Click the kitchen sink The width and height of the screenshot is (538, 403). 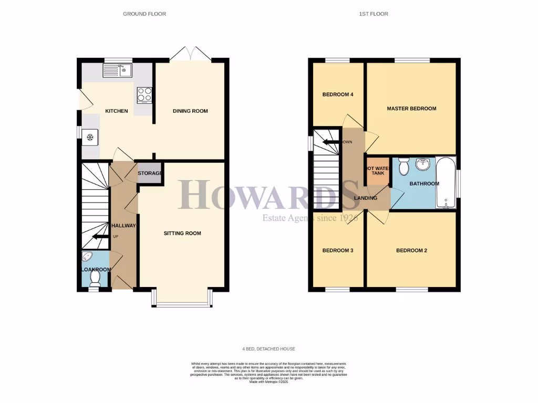118,70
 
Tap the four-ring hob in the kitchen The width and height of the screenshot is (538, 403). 144,94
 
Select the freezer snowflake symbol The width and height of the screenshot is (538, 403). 90,138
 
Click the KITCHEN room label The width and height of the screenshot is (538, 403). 117,111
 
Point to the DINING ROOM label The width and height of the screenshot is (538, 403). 191,111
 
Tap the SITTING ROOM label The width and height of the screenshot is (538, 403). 182,234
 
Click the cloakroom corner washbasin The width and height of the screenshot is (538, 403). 88,257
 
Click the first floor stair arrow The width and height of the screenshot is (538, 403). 330,142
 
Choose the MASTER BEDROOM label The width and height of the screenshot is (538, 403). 411,109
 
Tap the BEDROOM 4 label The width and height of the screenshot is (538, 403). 337,95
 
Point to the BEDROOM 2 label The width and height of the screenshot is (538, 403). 411,251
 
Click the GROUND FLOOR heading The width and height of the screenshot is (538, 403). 144,14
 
